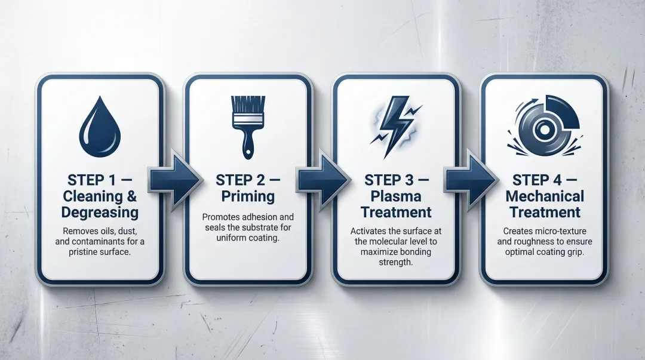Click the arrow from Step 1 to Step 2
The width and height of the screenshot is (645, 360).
[173, 179]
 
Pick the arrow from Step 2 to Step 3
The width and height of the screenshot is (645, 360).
[322, 179]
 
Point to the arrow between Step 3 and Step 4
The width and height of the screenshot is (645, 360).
[471, 179]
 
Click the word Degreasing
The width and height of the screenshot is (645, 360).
[100, 212]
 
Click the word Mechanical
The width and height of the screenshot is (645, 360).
[545, 196]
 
